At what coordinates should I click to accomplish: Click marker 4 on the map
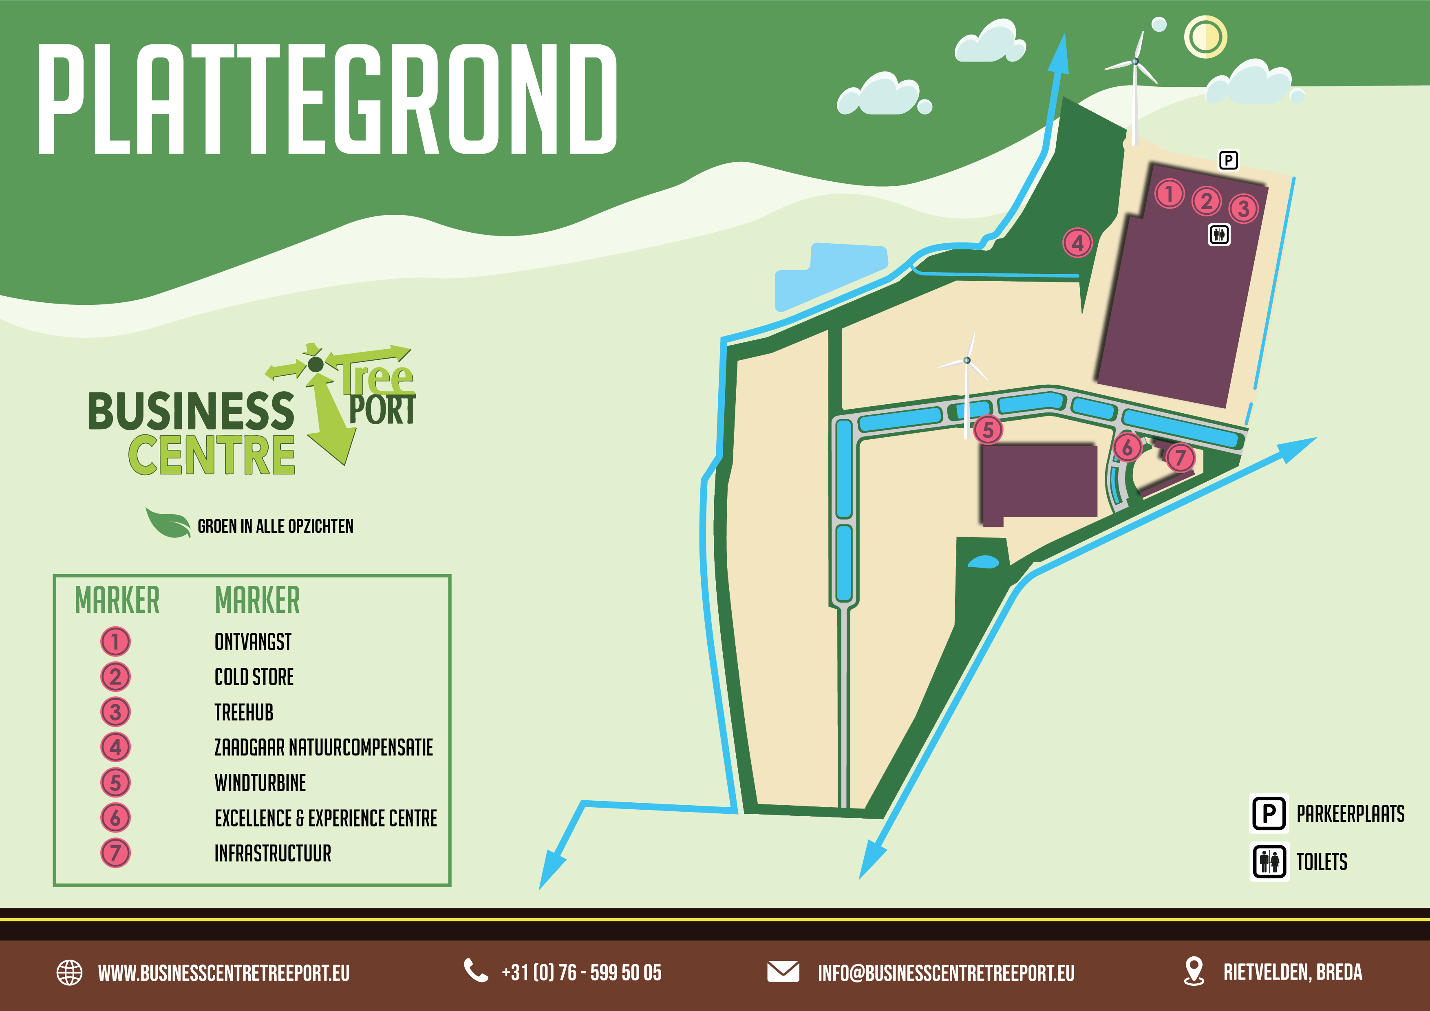pyautogui.click(x=1077, y=243)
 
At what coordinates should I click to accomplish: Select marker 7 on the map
pyautogui.click(x=1180, y=458)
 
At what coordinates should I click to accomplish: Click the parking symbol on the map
pyautogui.click(x=1228, y=161)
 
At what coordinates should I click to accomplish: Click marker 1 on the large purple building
pyautogui.click(x=1169, y=194)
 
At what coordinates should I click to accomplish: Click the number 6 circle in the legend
pyautogui.click(x=115, y=817)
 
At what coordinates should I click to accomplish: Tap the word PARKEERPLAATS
pyautogui.click(x=1350, y=814)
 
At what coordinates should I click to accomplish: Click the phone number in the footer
pyautogui.click(x=581, y=972)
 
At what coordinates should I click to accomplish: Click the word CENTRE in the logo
pyautogui.click(x=212, y=455)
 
